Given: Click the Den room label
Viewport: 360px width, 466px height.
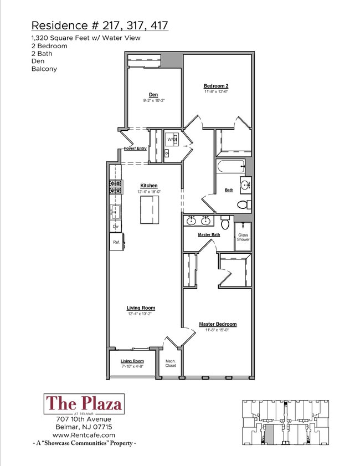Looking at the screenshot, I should coord(153,94).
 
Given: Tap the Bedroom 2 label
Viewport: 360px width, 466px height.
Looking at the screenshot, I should coord(216,86).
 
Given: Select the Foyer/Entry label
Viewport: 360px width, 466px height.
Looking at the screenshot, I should coord(135,148).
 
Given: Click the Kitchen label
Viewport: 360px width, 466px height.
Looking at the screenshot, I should coord(148,186).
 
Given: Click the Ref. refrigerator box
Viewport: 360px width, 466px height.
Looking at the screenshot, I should coord(116,242).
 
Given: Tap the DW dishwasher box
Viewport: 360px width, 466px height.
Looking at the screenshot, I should coord(116,226).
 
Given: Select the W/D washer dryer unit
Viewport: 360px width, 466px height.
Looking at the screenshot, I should coord(172,139).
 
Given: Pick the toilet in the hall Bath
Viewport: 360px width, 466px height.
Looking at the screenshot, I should coord(243,204).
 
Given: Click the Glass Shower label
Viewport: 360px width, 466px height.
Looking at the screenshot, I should coord(244,237).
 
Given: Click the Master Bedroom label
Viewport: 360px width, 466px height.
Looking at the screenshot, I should coord(218,324).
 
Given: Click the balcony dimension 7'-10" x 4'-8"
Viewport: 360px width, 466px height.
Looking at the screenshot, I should coord(132,367).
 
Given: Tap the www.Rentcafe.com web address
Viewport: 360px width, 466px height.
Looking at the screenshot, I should coord(84,435).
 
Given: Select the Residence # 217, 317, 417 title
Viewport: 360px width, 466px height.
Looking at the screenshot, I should coord(100,25).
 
